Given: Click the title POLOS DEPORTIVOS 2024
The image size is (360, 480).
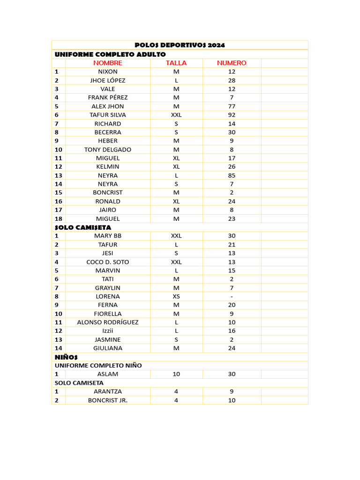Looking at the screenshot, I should coord(180,45).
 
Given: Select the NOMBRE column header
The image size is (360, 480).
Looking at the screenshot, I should coord(108,63).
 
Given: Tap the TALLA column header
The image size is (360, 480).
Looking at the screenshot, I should coord(176,63).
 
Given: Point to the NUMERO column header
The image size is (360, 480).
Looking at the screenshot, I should coord(232,63).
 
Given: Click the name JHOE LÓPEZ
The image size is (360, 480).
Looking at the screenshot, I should coord(108,80).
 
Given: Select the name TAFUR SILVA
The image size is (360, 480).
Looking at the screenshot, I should coord(108,115).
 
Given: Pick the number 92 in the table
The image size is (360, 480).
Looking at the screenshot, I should coord(232,115).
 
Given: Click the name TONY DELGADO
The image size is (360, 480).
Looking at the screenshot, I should coord(108,150).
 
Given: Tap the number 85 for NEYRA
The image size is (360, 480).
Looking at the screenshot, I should coord(232,175).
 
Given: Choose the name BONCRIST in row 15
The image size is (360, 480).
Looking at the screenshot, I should coord(108,193).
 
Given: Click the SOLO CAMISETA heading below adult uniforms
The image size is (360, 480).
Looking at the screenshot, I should coord(83,227).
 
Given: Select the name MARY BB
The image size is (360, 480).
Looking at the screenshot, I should coord(108,236).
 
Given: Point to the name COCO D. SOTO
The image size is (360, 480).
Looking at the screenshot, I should coord(108,262).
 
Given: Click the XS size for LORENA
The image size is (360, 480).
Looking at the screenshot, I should coord(176,296).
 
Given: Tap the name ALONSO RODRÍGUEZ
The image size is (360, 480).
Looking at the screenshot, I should coord(108,322).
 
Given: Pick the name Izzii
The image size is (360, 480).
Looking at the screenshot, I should coord(108,331).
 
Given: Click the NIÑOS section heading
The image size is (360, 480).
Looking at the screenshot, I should coord(66,357).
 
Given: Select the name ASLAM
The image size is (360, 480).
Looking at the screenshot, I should coord(108,374).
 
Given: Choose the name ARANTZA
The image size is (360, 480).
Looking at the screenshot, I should coord(108,391).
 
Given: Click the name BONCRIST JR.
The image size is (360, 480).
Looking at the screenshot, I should coord(108,400).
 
